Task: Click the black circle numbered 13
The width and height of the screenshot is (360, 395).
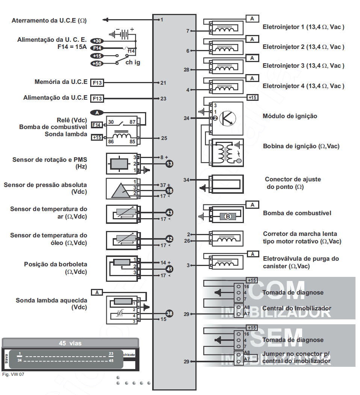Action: tap(169, 164)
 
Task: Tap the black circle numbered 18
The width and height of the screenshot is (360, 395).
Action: tap(169, 191)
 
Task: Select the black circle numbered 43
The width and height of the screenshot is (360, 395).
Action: tap(169, 213)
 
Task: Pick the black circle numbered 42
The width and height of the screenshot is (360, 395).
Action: tap(169, 239)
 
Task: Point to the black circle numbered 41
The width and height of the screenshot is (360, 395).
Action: tap(169, 269)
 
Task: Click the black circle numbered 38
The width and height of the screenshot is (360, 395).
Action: tap(169, 313)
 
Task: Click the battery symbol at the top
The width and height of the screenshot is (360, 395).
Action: tap(122, 34)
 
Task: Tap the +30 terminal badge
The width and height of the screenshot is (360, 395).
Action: tap(97, 41)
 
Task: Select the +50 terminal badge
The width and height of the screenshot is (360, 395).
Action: tap(97, 64)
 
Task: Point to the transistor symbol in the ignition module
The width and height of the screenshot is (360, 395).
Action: tap(227, 118)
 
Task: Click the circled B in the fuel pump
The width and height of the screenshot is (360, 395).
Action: tap(228, 216)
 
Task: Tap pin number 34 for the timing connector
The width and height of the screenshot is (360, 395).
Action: tap(186, 180)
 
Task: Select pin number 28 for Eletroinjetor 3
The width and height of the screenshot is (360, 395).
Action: tap(186, 70)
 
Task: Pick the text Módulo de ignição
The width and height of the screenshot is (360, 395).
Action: tap(290, 116)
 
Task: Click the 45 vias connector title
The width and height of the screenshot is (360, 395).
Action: tap(70, 343)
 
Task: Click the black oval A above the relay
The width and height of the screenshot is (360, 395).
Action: tap(98, 112)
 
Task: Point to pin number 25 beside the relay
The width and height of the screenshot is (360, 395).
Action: tap(164, 138)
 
